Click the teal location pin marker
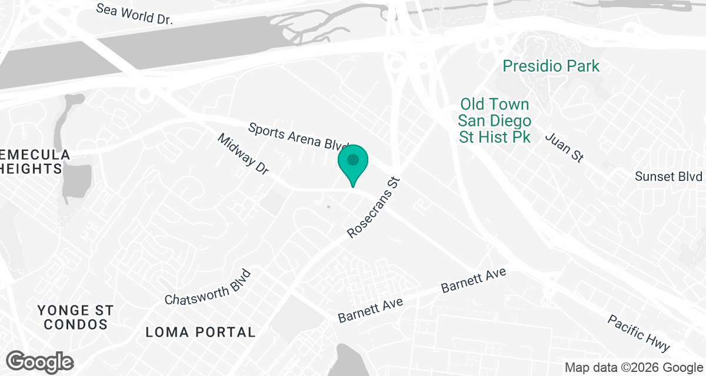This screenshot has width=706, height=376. pos(353,165)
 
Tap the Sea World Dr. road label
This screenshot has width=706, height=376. pos(134,14)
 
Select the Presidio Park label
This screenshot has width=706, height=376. pos(551,66)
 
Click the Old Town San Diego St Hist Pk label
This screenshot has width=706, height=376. pos(495,120)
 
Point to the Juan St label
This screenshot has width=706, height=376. pos(564,147)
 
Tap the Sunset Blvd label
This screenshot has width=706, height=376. pos(669,177)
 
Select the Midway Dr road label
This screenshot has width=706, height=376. pos(243,155)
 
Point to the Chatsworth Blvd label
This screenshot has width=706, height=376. pos(208,288)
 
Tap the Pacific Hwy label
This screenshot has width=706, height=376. pos(639,333)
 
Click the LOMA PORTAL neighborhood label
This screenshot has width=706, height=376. pos(201,333)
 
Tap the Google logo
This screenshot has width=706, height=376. pos(40,362)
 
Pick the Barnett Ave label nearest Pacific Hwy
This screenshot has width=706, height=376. pos(474,281)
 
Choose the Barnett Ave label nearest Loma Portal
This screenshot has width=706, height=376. pos(370,310)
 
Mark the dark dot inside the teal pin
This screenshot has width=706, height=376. pos(353,159)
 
